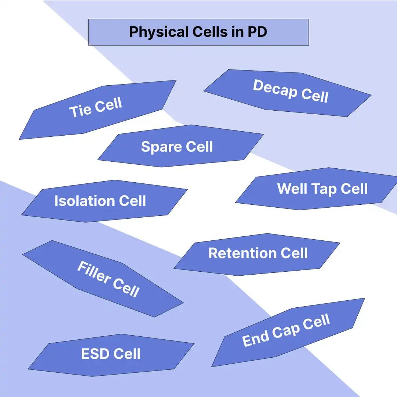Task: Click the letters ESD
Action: pos(95,354)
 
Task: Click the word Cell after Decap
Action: pos(315,95)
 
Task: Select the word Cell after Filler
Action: pos(126,288)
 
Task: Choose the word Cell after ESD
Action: pos(126,354)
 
